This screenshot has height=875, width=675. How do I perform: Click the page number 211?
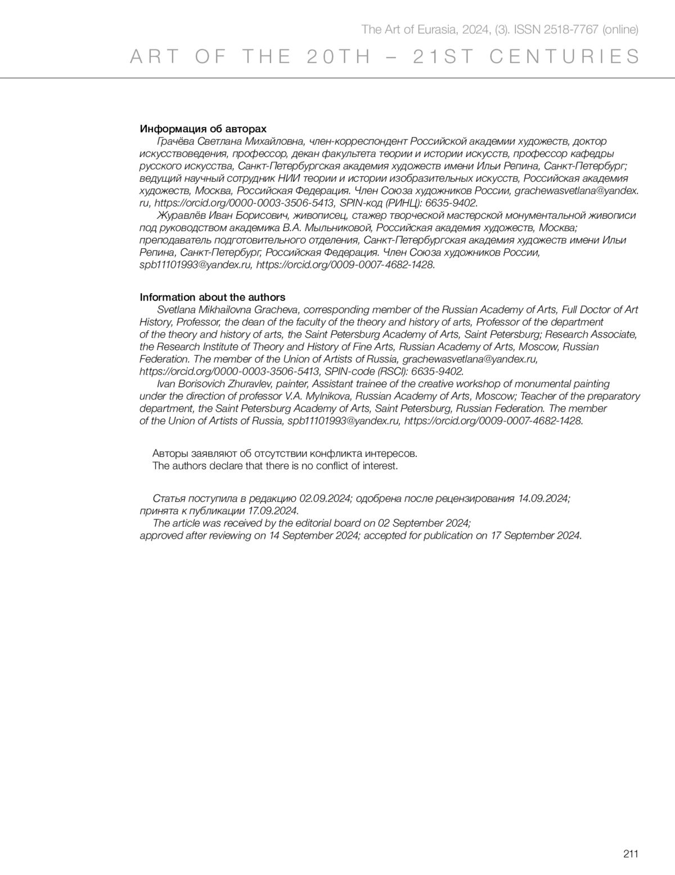click(x=631, y=854)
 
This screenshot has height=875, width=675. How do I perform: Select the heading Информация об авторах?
click(x=203, y=129)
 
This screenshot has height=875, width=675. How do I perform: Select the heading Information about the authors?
click(x=212, y=297)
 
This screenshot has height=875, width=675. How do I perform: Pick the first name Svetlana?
click(x=176, y=309)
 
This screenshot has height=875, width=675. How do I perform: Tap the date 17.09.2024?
click(x=272, y=511)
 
